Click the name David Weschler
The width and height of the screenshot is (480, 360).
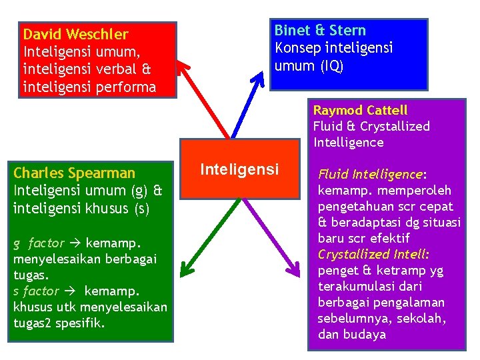coord(75,34)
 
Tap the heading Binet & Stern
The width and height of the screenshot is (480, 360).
coord(320,31)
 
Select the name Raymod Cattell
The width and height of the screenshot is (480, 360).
coord(360,110)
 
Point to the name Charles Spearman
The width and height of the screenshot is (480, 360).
coord(74,173)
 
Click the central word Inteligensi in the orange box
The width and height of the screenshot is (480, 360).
coord(240,170)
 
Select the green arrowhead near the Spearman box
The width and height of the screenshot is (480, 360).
coord(186,269)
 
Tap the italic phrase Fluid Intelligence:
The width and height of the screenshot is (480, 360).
coord(372,175)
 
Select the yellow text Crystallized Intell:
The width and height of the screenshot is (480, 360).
coord(373,255)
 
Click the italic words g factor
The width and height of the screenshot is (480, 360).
coord(39,243)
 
